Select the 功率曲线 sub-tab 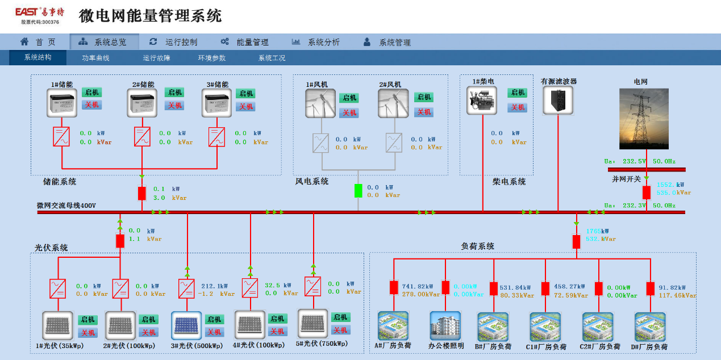point(95,58)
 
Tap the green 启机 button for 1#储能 point(91,93)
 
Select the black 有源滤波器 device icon point(558,100)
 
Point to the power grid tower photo point(643,118)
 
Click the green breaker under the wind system point(358,190)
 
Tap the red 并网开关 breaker point(647,192)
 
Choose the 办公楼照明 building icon point(445,325)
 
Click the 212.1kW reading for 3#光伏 point(215,286)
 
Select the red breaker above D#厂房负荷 point(650,288)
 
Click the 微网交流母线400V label point(66,206)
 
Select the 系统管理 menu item point(394,42)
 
